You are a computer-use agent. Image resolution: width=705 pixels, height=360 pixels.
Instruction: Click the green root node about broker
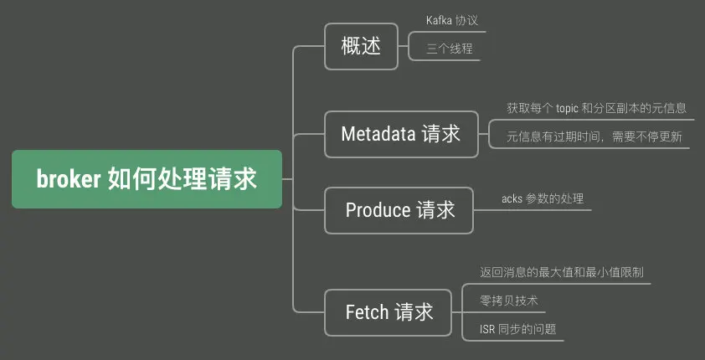pyautogui.click(x=147, y=179)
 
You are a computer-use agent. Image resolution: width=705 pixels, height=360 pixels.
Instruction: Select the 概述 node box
pyautogui.click(x=361, y=46)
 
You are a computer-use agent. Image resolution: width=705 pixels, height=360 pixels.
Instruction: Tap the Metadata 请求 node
pyautogui.click(x=400, y=134)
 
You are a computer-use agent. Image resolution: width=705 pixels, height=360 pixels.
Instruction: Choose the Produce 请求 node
pyautogui.click(x=400, y=209)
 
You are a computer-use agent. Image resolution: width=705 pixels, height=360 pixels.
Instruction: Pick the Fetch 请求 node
pyautogui.click(x=389, y=312)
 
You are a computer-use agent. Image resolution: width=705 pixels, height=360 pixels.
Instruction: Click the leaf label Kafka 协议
pyautogui.click(x=452, y=20)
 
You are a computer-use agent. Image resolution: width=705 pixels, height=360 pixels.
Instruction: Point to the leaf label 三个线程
pyautogui.click(x=449, y=49)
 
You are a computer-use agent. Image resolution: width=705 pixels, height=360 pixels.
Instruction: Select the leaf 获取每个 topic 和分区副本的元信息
pyautogui.click(x=596, y=108)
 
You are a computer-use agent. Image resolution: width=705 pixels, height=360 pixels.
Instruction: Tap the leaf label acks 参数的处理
pyautogui.click(x=543, y=198)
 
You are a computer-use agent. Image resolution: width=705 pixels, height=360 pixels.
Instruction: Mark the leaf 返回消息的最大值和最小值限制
pyautogui.click(x=561, y=272)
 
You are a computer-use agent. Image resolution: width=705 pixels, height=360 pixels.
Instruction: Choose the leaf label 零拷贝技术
pyautogui.click(x=508, y=301)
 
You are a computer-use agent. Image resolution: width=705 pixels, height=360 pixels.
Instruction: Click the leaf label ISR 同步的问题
pyautogui.click(x=517, y=329)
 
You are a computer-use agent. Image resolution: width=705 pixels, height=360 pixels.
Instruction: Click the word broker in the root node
pyautogui.click(x=69, y=179)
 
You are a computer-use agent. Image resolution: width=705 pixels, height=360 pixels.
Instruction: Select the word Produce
pyautogui.click(x=378, y=209)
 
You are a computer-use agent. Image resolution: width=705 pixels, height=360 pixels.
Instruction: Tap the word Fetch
pyautogui.click(x=367, y=312)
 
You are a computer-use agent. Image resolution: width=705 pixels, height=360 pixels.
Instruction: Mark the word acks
pyautogui.click(x=512, y=198)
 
